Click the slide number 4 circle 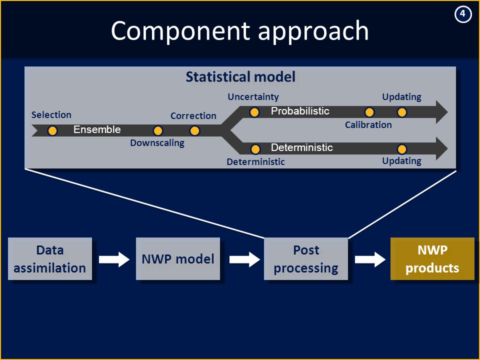[x=462, y=14]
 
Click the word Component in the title [x=180, y=31]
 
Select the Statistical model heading [x=240, y=76]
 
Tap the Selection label [x=51, y=115]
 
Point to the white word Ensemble [x=97, y=129]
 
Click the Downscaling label [x=157, y=143]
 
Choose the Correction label [x=193, y=115]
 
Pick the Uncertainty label [x=253, y=97]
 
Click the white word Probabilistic [x=300, y=111]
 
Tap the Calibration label [x=368, y=125]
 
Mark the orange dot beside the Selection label [x=52, y=130]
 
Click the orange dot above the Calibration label [x=369, y=112]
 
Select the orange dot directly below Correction [x=194, y=130]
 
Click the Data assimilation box [x=50, y=258]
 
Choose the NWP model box [x=178, y=258]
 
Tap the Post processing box [x=306, y=258]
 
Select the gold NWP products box [x=432, y=258]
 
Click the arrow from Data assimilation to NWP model [x=114, y=259]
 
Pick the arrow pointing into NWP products [x=370, y=259]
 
